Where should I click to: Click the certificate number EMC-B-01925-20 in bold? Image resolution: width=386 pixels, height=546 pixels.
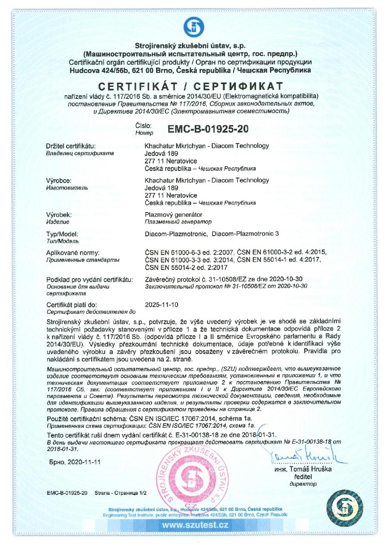(x=208, y=129)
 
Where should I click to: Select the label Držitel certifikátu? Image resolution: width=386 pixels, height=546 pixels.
(x=71, y=146)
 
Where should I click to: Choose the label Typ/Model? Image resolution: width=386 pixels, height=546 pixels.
(x=62, y=234)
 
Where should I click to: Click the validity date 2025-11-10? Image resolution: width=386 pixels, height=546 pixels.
(x=162, y=305)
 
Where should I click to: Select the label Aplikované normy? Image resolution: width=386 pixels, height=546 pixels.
(x=73, y=253)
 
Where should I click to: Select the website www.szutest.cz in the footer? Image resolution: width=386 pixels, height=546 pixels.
(x=195, y=525)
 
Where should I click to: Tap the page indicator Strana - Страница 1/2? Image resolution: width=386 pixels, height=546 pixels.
(x=120, y=493)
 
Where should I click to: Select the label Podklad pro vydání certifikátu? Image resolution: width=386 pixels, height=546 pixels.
(x=90, y=280)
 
